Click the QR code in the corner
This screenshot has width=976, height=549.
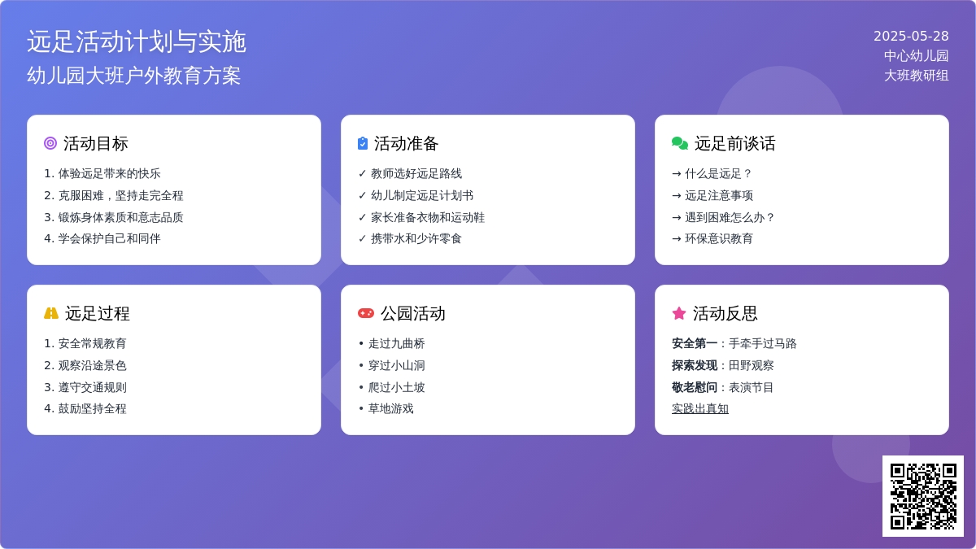(x=923, y=496)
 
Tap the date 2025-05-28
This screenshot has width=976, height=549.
(x=911, y=36)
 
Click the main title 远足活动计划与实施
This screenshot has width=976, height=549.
(x=137, y=41)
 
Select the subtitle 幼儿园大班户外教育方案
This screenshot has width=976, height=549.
(x=133, y=76)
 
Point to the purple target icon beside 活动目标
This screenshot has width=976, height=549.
(x=50, y=143)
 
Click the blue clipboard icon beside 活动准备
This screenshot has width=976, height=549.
(x=363, y=143)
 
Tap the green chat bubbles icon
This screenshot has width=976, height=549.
(x=680, y=143)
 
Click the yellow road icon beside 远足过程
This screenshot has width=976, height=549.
(x=51, y=313)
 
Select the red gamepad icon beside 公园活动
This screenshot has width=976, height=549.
(x=365, y=313)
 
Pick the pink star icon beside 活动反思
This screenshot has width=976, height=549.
(x=679, y=313)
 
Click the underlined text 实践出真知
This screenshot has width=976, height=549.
(x=700, y=408)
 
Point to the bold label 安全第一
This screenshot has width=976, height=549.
(x=695, y=343)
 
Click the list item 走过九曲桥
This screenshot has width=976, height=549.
(x=397, y=343)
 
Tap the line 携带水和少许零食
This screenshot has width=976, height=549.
(x=416, y=239)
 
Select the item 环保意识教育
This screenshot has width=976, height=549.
(x=719, y=239)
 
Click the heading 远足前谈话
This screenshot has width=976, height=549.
(x=734, y=143)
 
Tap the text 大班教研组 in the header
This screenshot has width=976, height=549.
(x=917, y=76)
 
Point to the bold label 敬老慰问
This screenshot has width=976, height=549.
(x=695, y=387)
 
